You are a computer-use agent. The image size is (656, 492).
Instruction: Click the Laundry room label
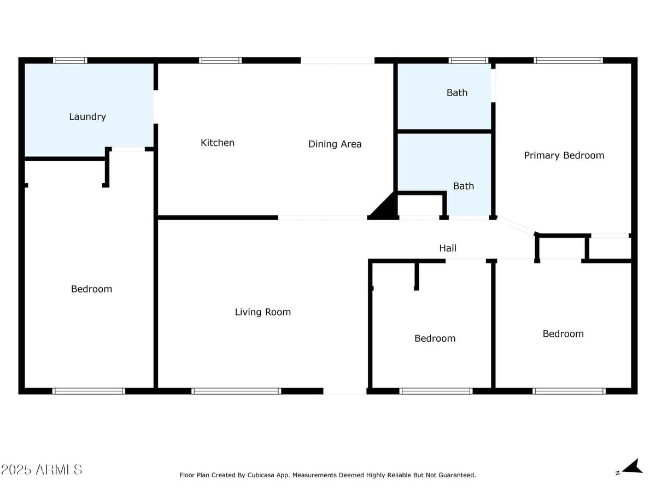[87, 116]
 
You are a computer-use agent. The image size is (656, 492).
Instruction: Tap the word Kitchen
[218, 143]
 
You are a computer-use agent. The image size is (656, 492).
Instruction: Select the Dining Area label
[335, 144]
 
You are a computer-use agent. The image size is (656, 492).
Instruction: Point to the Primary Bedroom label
[564, 155]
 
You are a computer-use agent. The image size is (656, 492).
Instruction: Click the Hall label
[448, 248]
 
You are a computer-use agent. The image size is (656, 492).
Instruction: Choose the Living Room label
[263, 312]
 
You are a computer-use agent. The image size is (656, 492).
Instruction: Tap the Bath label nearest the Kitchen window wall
[457, 93]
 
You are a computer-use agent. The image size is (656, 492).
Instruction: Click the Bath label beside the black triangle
[464, 186]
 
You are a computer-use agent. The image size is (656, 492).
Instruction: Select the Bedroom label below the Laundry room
[91, 289]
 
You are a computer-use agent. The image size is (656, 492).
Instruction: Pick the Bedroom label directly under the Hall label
[435, 338]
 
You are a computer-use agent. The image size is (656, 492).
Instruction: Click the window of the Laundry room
[70, 60]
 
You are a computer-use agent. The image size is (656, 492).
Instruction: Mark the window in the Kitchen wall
[220, 60]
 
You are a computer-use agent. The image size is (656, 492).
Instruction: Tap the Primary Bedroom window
[568, 60]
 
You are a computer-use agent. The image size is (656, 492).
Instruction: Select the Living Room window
[236, 391]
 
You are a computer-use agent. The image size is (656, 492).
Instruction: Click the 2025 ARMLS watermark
[42, 469]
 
